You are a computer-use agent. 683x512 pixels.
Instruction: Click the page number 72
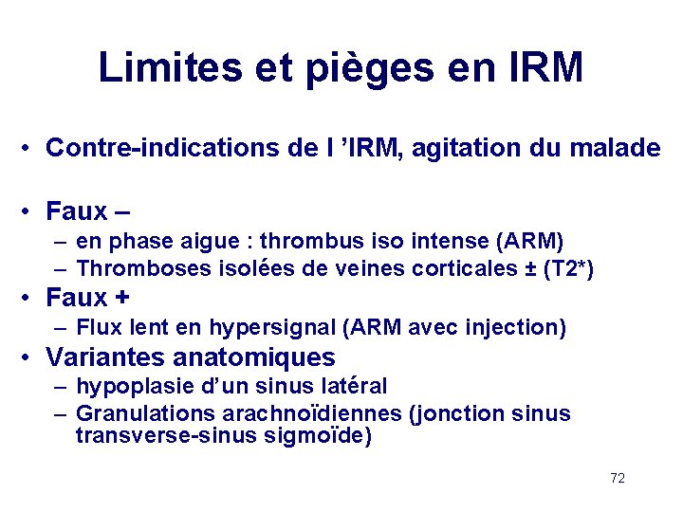tap(618, 478)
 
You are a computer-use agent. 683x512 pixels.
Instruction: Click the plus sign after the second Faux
tap(121, 298)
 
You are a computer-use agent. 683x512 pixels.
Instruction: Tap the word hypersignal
tap(270, 328)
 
